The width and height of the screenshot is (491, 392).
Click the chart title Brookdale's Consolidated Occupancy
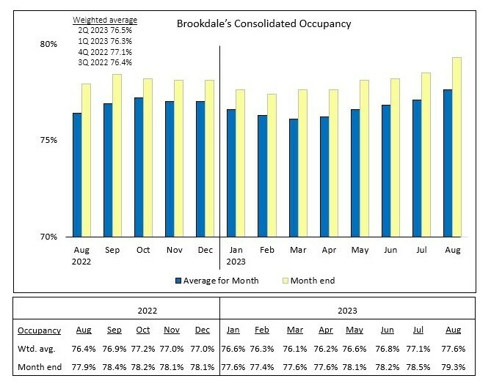pos(263,23)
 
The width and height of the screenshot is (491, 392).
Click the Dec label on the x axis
pos(204,251)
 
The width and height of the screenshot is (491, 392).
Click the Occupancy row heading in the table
pos(40,330)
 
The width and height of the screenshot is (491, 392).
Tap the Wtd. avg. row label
pos(36,349)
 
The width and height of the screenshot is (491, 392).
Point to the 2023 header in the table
pos(349,311)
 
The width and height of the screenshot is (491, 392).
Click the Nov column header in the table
pos(170,330)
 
